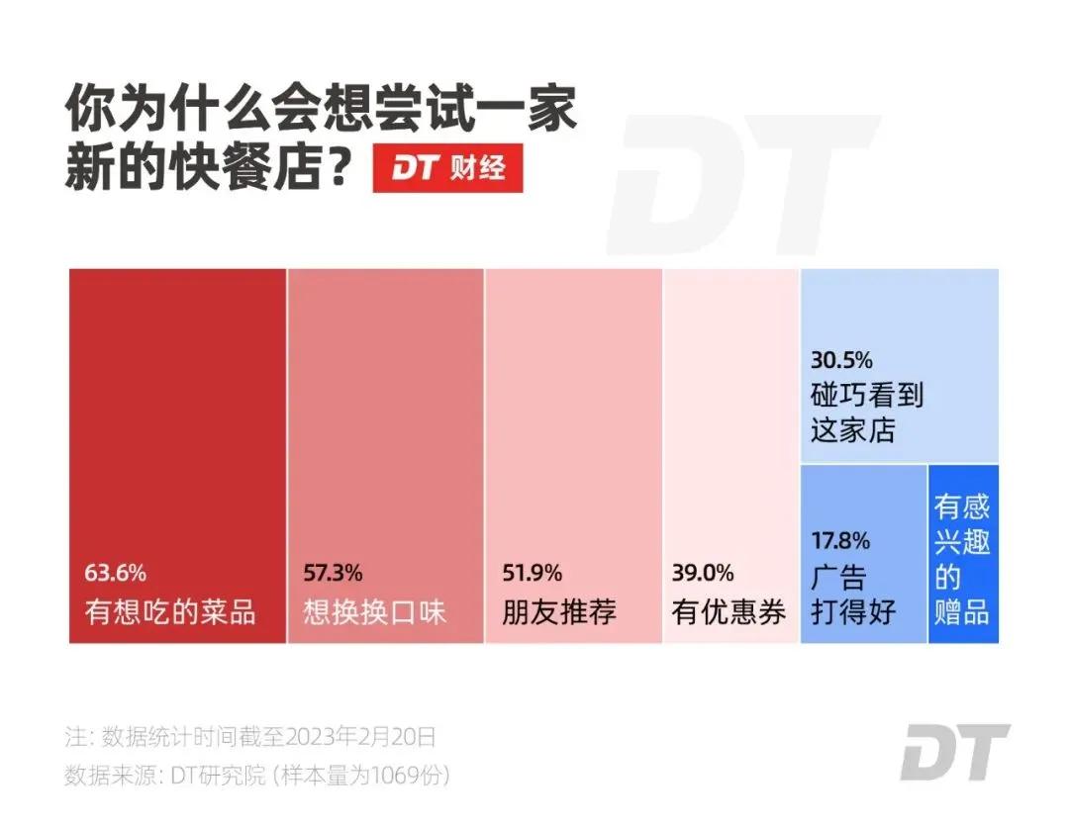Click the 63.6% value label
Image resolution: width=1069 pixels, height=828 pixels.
click(115, 572)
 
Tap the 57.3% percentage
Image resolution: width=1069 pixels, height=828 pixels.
click(333, 572)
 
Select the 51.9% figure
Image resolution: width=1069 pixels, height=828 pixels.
click(533, 572)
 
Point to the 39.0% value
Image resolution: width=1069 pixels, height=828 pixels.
click(703, 572)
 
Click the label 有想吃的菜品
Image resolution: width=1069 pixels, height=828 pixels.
click(170, 611)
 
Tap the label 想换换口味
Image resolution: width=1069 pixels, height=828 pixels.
click(375, 611)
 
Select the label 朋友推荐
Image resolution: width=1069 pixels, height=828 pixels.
click(560, 611)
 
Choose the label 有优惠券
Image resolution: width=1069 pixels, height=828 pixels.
click(729, 611)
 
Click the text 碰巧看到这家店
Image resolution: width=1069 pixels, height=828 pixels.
click(866, 413)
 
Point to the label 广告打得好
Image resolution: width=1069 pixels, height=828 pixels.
click(853, 594)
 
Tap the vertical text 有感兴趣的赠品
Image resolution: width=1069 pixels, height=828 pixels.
click(962, 559)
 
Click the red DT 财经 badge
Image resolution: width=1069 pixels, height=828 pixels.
click(447, 168)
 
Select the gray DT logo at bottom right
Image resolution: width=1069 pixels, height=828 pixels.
click(954, 752)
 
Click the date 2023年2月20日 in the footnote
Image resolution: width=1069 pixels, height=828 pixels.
click(360, 737)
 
